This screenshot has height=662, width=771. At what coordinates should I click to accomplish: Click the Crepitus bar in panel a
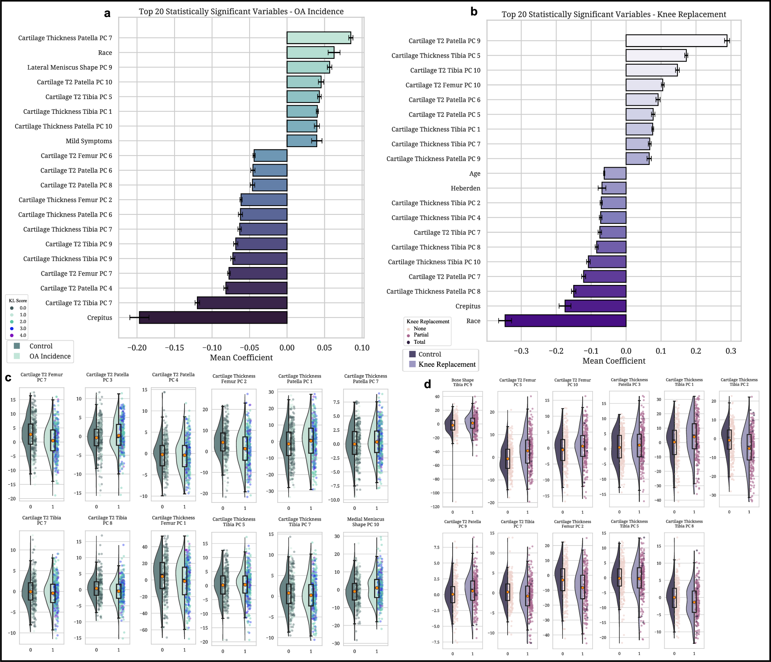coord(213,317)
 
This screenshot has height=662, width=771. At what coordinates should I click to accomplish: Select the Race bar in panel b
coord(565,321)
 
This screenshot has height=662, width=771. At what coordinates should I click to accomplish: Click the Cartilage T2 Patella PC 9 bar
coord(676,41)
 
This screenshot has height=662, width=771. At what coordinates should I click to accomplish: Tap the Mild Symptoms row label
coord(89,141)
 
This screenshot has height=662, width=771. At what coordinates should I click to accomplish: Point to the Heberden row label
coord(465,188)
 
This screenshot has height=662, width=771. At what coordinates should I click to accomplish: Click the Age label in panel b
coord(475,173)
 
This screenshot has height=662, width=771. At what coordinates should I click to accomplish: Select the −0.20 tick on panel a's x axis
coord(137,348)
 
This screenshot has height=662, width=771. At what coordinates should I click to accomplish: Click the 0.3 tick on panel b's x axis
coord(731,351)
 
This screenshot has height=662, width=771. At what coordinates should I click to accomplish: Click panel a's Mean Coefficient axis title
coord(241,358)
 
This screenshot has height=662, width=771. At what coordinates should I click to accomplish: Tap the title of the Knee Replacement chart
coord(614,14)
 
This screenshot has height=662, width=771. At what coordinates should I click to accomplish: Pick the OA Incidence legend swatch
coord(17,356)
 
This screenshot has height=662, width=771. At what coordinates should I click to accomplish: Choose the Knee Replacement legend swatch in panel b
coord(412,364)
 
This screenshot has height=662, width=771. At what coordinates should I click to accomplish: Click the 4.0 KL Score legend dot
coord(12,335)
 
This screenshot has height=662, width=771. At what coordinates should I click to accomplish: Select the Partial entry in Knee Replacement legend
coord(421,335)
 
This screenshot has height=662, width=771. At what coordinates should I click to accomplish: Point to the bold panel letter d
coord(427,384)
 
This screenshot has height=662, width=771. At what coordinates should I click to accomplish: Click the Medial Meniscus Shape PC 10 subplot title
coord(366,522)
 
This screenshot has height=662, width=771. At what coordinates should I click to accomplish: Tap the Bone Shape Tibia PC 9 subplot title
coord(462,382)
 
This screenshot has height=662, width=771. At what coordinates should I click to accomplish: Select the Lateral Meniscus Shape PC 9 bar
coord(308,67)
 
